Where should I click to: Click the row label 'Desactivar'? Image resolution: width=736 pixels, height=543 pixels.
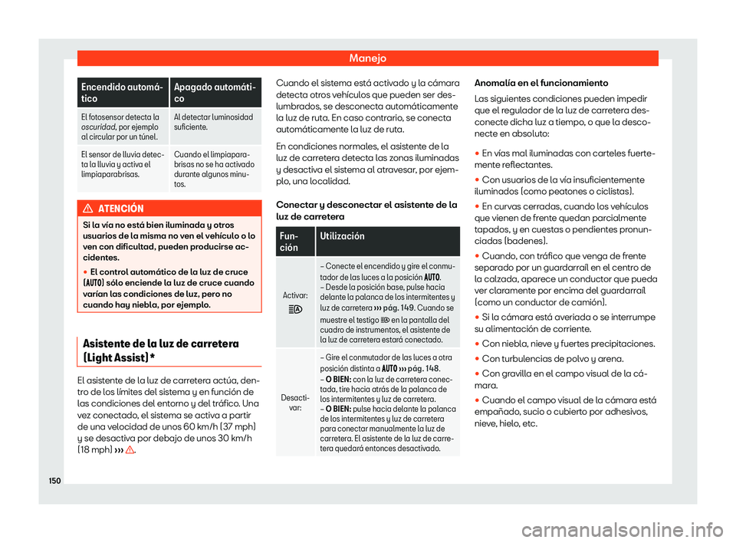click(x=295, y=402)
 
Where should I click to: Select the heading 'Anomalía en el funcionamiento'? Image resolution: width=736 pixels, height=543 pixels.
click(x=544, y=82)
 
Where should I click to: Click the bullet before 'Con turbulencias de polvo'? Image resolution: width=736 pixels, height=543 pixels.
click(x=479, y=358)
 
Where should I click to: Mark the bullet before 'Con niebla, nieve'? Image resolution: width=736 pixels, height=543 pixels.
click(x=479, y=344)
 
